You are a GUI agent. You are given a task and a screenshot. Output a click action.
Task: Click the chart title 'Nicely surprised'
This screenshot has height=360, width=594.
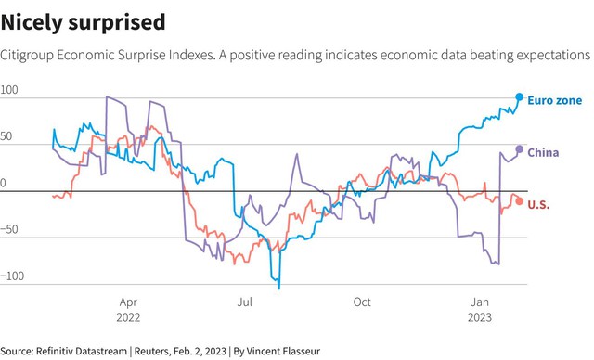click(83, 22)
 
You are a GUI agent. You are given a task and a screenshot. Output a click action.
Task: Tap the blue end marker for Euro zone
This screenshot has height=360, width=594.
click(520, 97)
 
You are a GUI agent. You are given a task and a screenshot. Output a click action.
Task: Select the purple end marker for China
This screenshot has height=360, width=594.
click(520, 149)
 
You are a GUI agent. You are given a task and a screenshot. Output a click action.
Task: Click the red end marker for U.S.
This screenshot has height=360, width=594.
click(520, 201)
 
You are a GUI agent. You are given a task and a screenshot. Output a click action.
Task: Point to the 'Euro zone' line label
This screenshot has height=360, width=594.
click(555, 100)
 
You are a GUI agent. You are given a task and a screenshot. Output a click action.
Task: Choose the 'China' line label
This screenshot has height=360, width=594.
click(543, 152)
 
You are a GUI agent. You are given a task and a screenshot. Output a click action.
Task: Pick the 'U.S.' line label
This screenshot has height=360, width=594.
click(538, 205)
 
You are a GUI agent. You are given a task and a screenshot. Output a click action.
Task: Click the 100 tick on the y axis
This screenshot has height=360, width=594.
click(9, 90)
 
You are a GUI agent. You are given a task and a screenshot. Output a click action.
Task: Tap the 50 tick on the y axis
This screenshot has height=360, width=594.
click(6, 136)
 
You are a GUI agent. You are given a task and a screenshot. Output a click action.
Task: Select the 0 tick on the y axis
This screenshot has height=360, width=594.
click(3, 183)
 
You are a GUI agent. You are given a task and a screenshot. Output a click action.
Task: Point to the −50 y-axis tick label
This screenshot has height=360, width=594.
click(9, 229)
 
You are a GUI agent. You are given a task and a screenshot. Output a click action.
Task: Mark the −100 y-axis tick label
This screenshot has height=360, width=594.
click(12, 276)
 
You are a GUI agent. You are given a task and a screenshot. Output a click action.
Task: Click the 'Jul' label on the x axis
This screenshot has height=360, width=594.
click(245, 302)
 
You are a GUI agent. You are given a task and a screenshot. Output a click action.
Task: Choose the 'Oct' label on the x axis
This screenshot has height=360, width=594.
click(362, 302)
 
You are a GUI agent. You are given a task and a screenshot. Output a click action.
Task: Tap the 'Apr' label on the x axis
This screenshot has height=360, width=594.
click(128, 302)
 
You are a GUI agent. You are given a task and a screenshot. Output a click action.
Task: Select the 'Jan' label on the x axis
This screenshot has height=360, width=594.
click(480, 302)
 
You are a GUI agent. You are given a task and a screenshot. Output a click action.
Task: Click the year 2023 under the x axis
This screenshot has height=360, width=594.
click(480, 317)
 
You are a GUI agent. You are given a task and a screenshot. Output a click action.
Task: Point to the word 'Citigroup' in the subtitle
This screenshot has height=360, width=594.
click(27, 56)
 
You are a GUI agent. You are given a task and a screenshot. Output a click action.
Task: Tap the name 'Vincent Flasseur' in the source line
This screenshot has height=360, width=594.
click(283, 352)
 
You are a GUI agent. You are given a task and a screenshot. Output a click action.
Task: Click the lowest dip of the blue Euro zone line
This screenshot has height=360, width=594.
click(279, 289)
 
